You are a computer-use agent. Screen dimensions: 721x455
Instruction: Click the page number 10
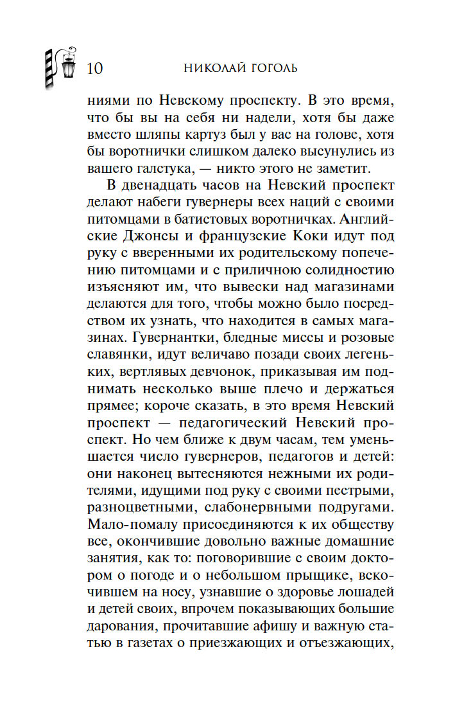tap(93, 67)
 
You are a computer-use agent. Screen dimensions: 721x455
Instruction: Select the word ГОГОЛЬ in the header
tap(270, 68)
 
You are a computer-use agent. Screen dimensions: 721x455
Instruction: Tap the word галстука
tap(158, 169)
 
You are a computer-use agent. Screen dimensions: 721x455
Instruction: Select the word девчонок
tap(239, 371)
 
